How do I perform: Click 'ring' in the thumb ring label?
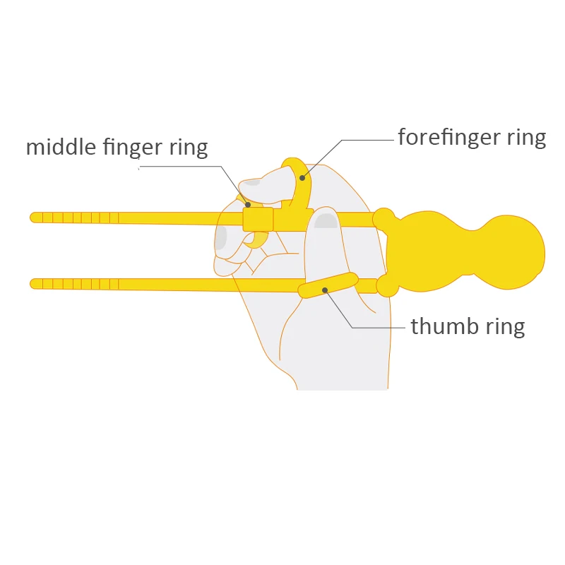point(506,327)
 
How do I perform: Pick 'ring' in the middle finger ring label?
point(189,148)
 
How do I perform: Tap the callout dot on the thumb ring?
point(324,289)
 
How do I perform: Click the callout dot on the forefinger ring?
point(302,178)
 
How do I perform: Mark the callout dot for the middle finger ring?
point(248,206)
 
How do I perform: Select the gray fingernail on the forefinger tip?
point(251,182)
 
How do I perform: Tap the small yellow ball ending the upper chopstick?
point(383,218)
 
